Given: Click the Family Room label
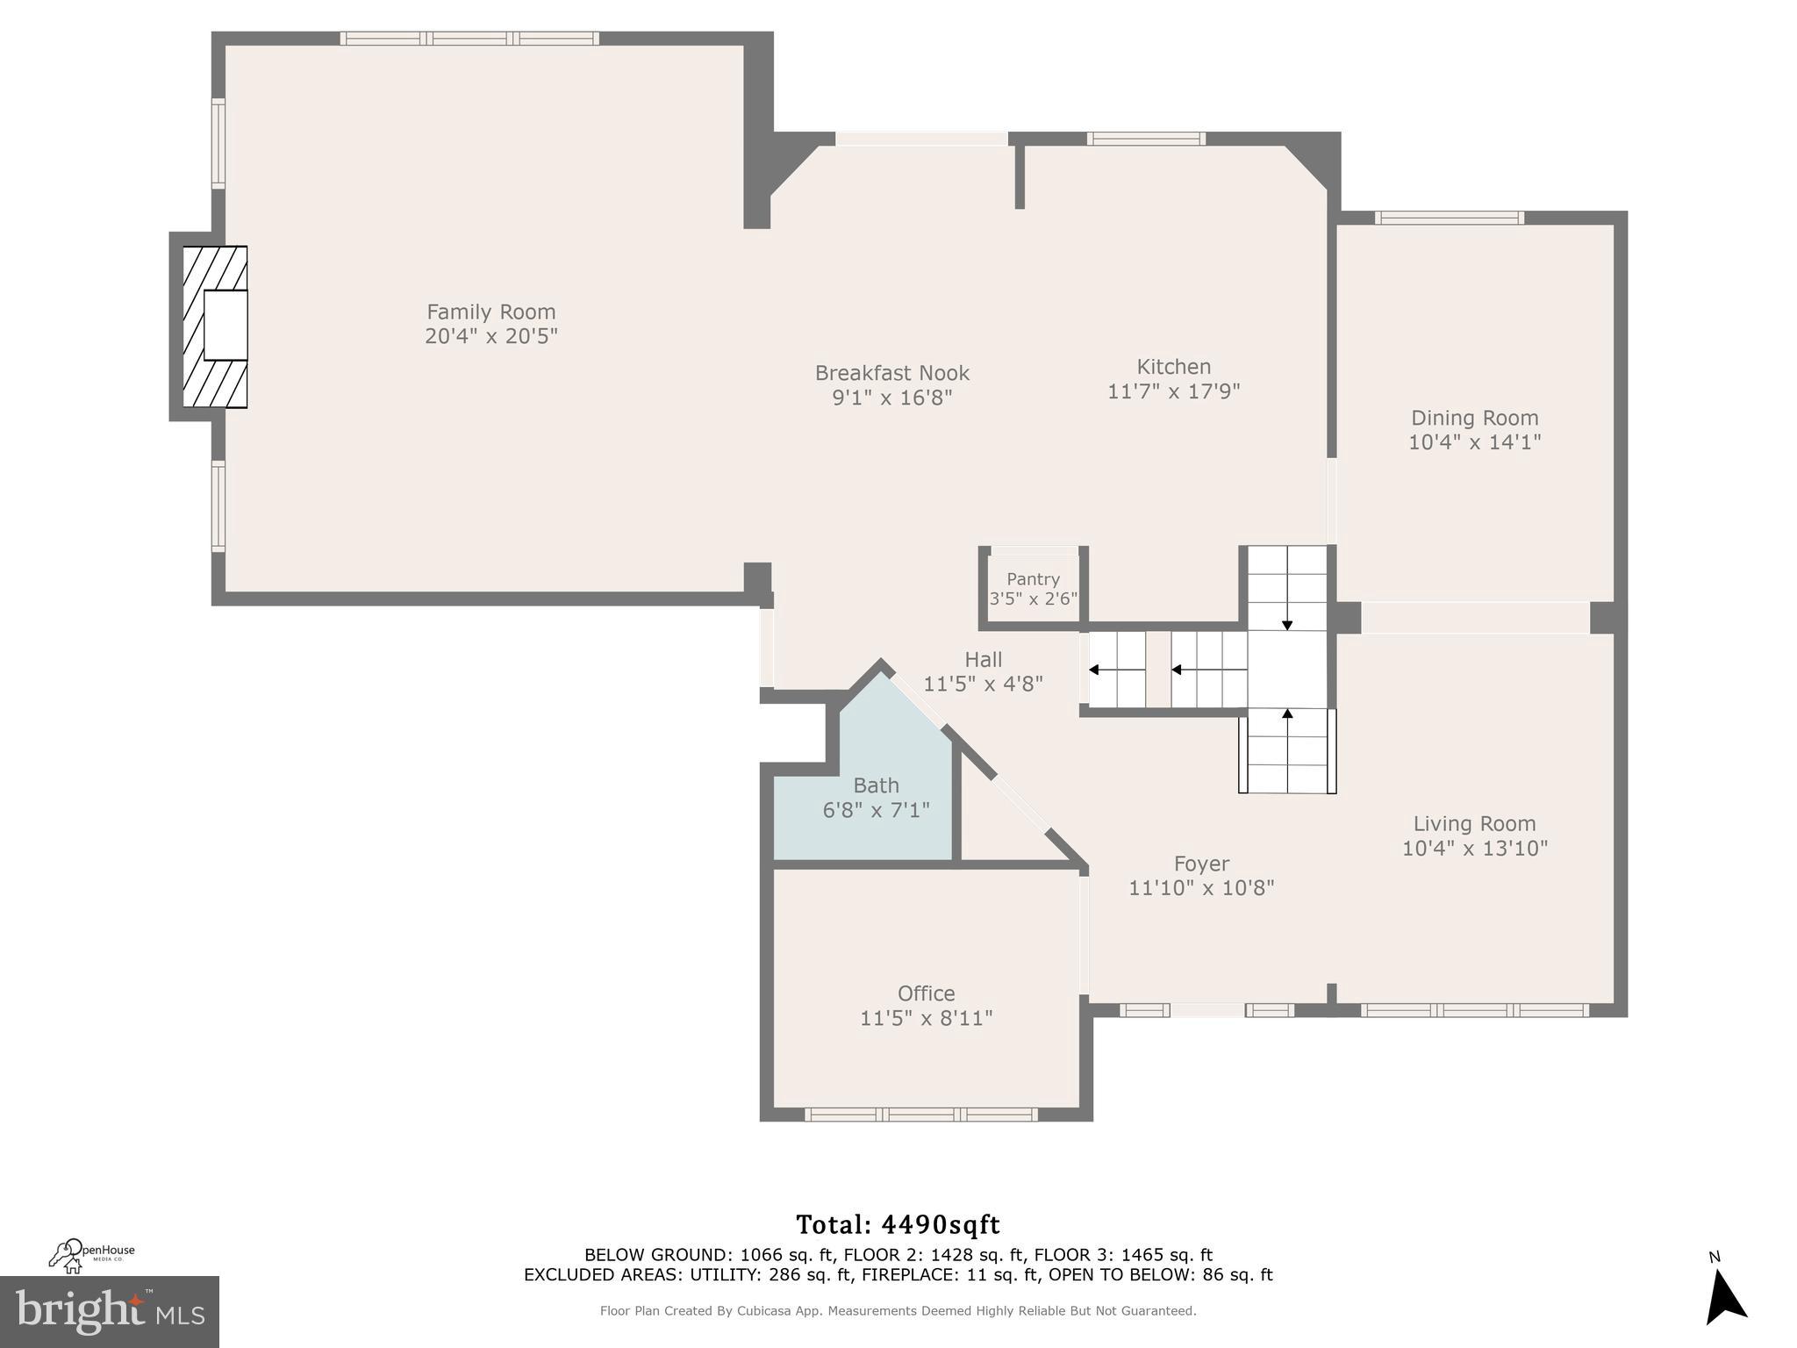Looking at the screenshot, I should tap(490, 312).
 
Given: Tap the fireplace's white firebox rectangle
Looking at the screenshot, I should tap(226, 325).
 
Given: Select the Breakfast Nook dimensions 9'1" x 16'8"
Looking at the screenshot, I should tap(891, 398).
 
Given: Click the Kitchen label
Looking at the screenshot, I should tap(1173, 367).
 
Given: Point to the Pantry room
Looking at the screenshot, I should tap(1033, 588).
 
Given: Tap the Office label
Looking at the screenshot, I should tap(926, 993).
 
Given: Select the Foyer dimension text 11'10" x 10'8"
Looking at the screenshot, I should tap(1200, 888).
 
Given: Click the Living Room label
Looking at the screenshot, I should tap(1474, 824).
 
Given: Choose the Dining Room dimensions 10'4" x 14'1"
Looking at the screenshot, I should tap(1474, 442).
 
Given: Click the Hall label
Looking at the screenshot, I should tap(983, 660).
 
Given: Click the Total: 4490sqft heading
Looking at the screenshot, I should tap(898, 1224).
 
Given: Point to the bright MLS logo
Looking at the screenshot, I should tap(110, 1312).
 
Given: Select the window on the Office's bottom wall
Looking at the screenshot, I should tap(920, 1115).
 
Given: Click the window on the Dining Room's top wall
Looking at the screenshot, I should tap(1449, 218).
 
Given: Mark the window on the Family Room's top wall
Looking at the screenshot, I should tap(469, 39).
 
